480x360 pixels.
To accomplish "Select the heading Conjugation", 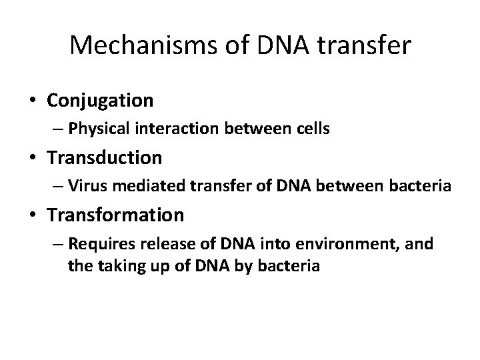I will point(100,101).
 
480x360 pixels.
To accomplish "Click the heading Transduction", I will point(104,158).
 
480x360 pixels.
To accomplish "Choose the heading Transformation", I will point(115,215).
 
